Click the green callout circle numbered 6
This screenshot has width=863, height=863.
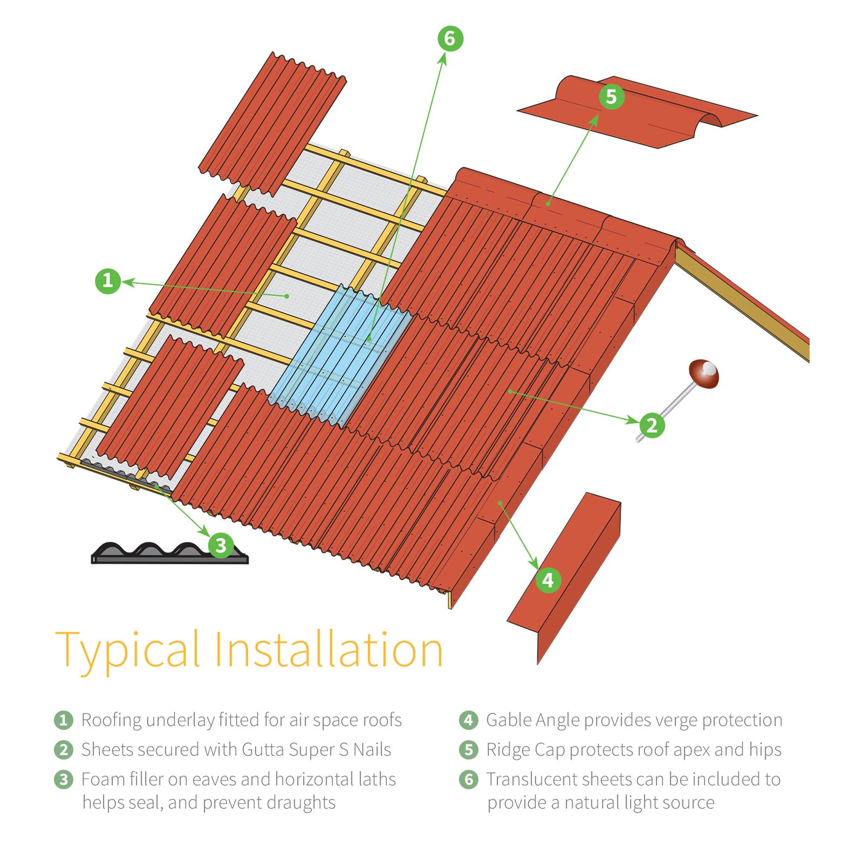pos(450,39)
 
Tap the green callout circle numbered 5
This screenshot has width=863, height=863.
pos(611,97)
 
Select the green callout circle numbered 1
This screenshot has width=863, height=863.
pos(108,281)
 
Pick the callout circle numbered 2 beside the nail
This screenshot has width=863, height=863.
pos(651,425)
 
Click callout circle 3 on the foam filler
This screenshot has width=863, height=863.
pos(221,545)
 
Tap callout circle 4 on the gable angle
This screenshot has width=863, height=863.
pos(548,580)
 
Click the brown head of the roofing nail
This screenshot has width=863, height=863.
pos(703,374)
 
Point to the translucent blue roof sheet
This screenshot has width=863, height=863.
pos(342,357)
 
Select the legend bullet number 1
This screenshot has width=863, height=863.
pos(64,720)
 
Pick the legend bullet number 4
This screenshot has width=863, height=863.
pos(468,720)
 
